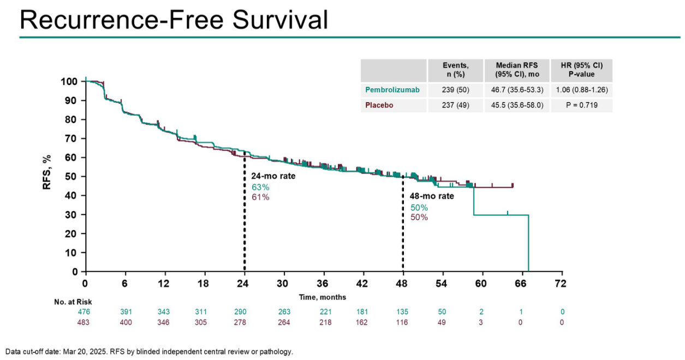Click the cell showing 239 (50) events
pyautogui.click(x=455, y=90)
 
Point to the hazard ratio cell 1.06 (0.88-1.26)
pyautogui.click(x=581, y=90)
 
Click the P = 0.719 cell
pyautogui.click(x=581, y=105)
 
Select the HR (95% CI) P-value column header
pyautogui.click(x=581, y=70)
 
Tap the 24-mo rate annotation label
pyautogui.click(x=273, y=176)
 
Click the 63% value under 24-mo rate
pyautogui.click(x=260, y=187)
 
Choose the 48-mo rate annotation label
pyautogui.click(x=432, y=196)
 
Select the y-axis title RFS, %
pyautogui.click(x=47, y=171)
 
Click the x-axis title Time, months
pyautogui.click(x=322, y=297)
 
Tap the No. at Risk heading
pyautogui.click(x=70, y=302)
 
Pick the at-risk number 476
pyautogui.click(x=85, y=312)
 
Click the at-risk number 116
pyautogui.click(x=403, y=322)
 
